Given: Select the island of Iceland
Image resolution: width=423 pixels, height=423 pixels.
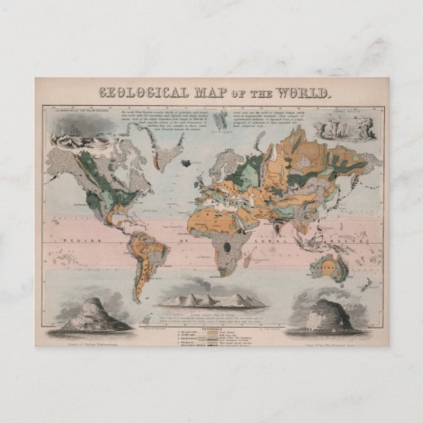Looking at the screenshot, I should (192, 162).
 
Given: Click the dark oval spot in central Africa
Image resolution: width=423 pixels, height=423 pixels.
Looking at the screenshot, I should (228, 246).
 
